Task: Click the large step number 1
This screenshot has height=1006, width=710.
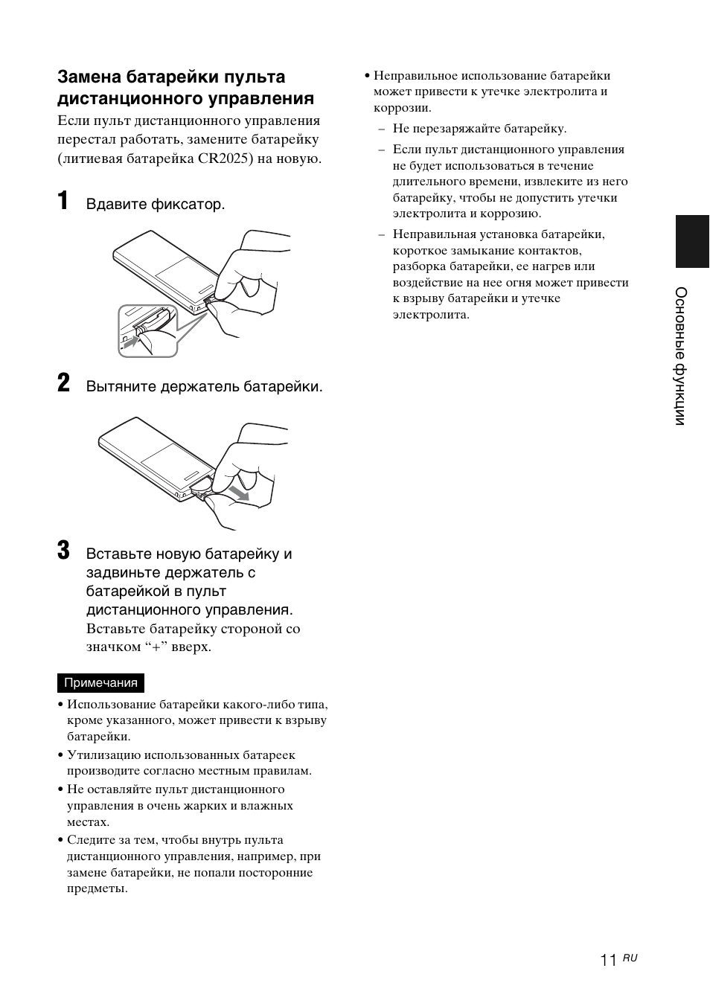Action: click(x=63, y=201)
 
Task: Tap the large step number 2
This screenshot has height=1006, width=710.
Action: click(x=64, y=384)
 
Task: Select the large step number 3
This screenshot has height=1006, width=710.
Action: click(x=64, y=551)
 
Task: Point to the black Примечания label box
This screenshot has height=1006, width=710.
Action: click(x=100, y=683)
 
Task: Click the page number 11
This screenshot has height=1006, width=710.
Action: click(x=608, y=961)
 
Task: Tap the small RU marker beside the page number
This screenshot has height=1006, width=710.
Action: click(x=630, y=958)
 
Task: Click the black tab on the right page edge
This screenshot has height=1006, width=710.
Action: click(x=692, y=241)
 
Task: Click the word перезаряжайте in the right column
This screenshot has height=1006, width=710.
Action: click(x=461, y=129)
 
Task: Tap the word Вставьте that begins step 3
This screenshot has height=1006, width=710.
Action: click(x=117, y=554)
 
